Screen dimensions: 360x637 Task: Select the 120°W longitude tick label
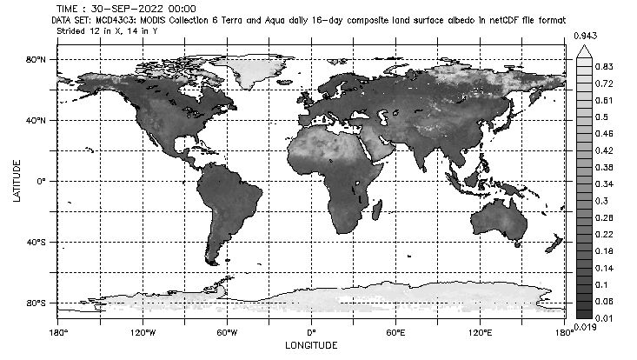click(x=143, y=333)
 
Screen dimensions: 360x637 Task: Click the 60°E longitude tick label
click(x=396, y=333)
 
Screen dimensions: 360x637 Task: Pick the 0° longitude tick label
click(x=312, y=333)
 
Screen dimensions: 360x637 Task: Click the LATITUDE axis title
click(x=17, y=181)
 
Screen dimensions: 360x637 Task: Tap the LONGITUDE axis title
click(x=312, y=345)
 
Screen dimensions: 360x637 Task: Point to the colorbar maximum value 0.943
click(x=585, y=35)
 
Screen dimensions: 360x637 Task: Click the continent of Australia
click(x=499, y=219)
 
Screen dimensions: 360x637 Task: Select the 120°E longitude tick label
click(x=481, y=333)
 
